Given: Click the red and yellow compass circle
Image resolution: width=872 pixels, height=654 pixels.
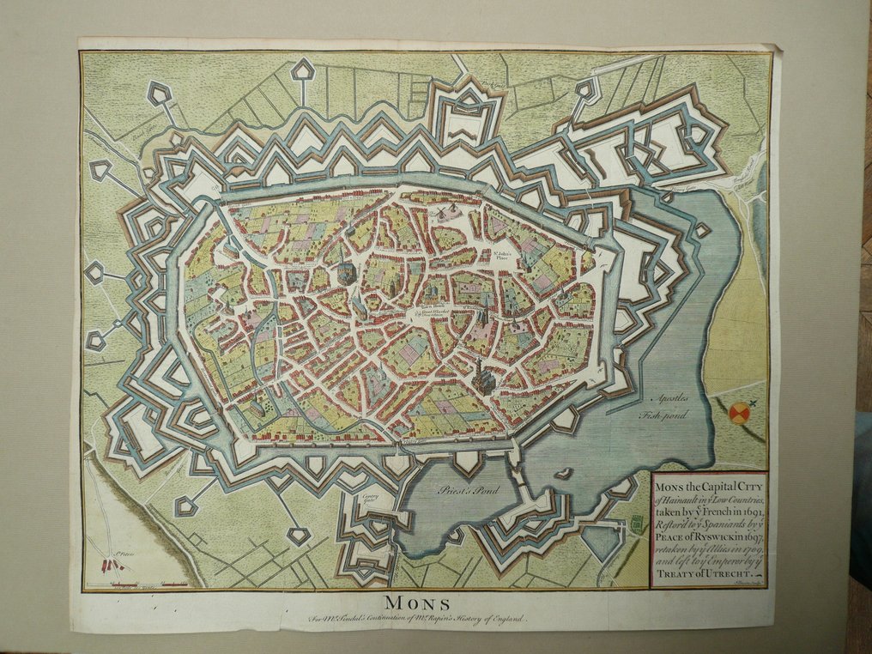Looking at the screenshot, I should (x=739, y=415).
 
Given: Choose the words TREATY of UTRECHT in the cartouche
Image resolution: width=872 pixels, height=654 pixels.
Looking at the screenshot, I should (x=706, y=570).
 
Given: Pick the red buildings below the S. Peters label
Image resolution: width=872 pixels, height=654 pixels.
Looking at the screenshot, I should (x=112, y=565).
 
